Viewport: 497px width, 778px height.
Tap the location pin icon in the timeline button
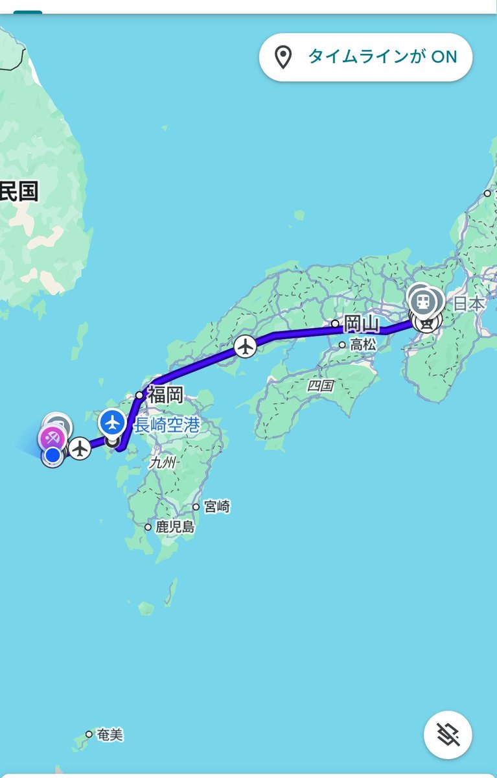point(283,57)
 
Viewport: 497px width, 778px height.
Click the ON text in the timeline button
point(444,57)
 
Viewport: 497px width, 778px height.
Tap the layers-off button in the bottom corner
point(448,735)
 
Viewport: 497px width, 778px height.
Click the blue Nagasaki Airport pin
point(113,423)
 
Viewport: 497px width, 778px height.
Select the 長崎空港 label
point(167,426)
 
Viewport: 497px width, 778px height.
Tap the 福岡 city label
point(165,394)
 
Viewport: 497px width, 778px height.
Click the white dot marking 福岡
point(139,395)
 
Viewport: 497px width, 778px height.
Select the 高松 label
point(363,346)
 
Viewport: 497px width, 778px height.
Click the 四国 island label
point(319,386)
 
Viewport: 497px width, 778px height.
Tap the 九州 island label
point(163,463)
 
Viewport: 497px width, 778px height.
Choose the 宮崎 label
point(217,507)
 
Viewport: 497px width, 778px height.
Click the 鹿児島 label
point(174,527)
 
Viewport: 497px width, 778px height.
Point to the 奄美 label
point(110,735)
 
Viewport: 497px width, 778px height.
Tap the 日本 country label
point(468,303)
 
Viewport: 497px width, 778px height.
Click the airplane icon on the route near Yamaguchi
point(245,346)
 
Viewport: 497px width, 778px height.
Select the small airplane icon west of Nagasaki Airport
point(80,448)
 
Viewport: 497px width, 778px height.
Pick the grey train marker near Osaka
point(423,300)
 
